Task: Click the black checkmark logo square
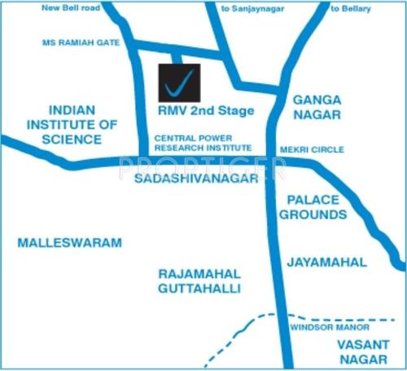pos(178,82)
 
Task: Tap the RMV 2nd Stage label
pos(206,111)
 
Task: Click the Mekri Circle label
pos(312,150)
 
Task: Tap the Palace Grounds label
pos(313,207)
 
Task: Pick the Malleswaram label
pos(69,243)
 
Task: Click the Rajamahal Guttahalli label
pos(201,280)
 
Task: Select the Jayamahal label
pos(326,263)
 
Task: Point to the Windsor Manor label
pos(325,327)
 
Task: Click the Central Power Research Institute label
pos(203,144)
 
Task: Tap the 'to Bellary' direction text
pos(352,9)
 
